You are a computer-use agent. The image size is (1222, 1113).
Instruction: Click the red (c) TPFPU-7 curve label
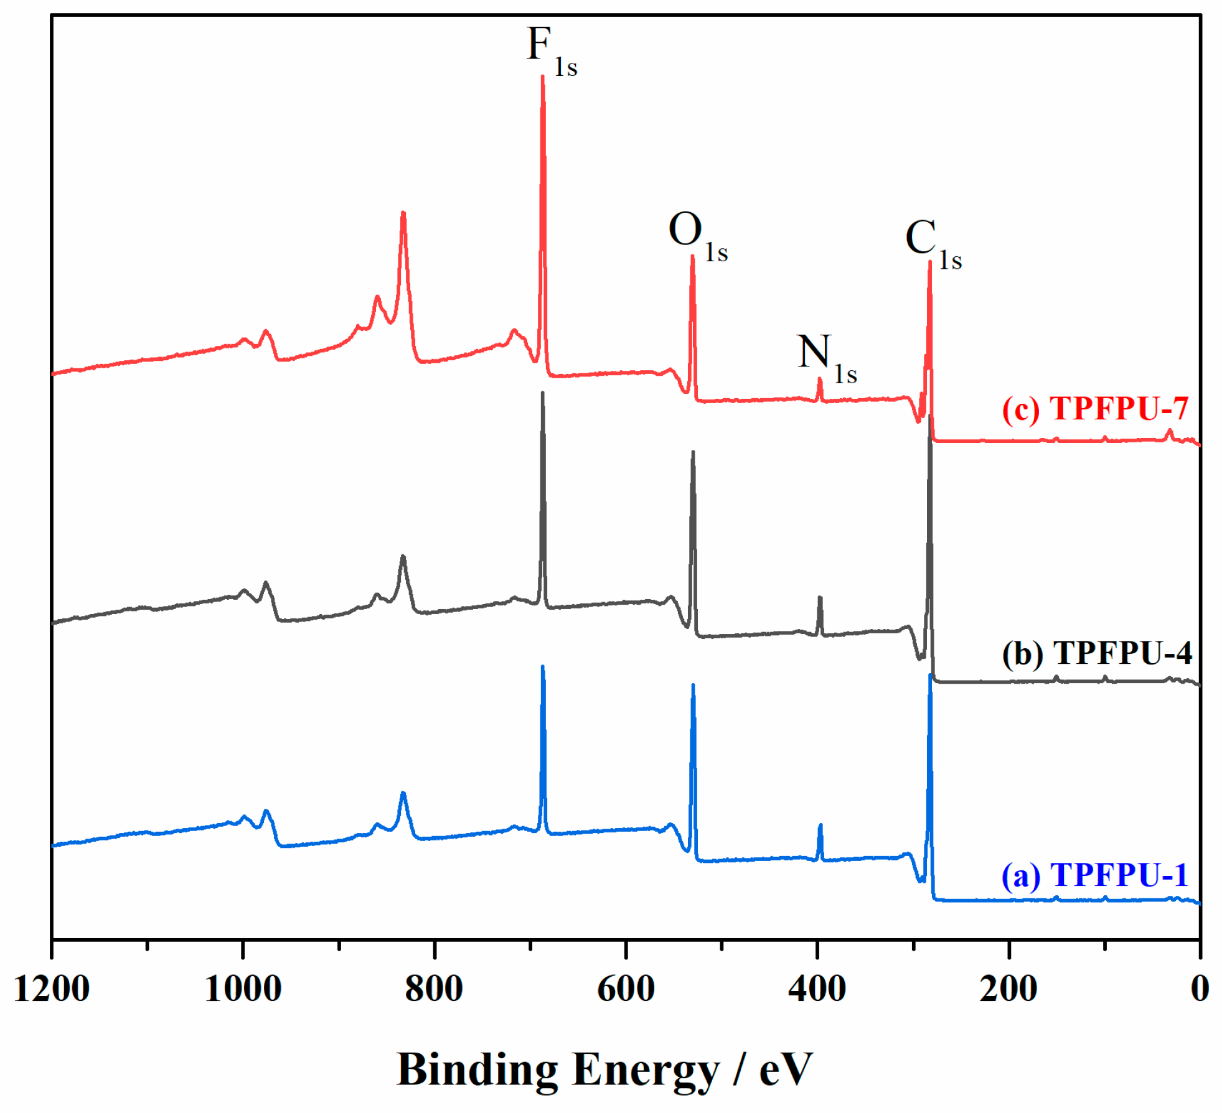pos(1095,409)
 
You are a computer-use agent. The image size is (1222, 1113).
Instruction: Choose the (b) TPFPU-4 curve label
pos(1096,653)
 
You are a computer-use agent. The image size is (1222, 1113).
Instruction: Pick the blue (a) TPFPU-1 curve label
pos(1094,875)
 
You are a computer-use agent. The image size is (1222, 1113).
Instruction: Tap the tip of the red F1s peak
pos(543,78)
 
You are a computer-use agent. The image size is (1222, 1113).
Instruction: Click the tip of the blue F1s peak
pos(543,667)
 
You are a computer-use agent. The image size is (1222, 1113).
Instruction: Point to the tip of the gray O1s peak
pos(693,452)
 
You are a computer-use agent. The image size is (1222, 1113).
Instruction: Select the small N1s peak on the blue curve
pos(820,826)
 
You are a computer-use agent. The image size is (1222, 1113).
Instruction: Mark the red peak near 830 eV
pos(403,213)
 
